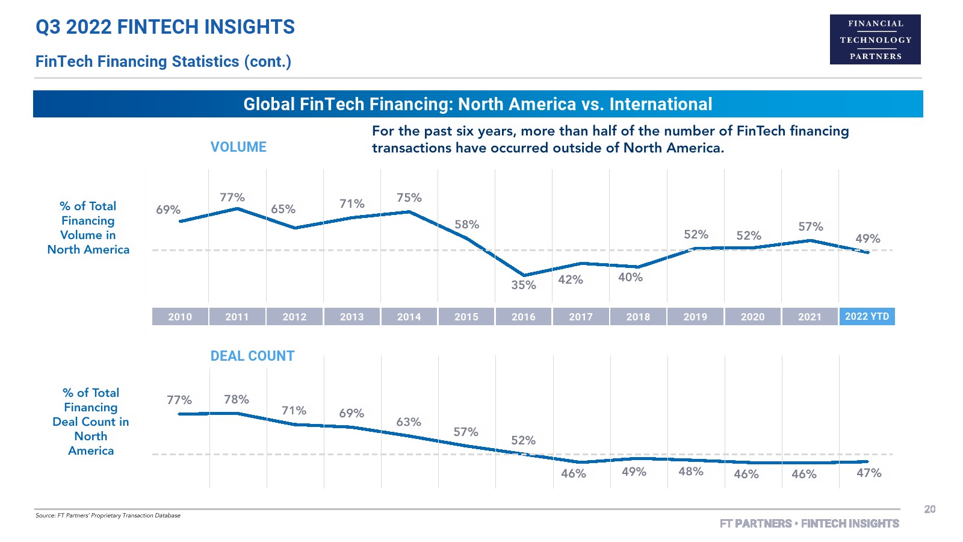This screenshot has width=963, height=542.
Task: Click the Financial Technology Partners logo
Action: click(875, 40)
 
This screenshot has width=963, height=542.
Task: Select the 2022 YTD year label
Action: click(867, 316)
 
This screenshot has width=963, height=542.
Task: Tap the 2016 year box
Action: click(523, 317)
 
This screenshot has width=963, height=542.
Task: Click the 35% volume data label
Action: click(523, 285)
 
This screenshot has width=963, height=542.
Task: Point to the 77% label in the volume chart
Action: click(232, 198)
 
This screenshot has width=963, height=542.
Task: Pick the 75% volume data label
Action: click(409, 198)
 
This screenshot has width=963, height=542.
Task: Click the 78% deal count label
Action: click(236, 399)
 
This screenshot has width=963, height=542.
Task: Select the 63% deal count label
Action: click(408, 422)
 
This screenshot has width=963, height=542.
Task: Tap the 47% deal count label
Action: click(869, 473)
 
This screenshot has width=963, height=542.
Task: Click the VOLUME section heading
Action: click(238, 147)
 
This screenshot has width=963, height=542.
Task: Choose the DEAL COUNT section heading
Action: click(252, 356)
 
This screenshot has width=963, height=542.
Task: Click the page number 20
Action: click(929, 509)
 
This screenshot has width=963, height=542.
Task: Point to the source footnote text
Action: click(108, 516)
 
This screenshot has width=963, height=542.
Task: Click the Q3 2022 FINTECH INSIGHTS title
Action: click(165, 27)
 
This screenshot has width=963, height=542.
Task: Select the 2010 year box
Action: click(180, 317)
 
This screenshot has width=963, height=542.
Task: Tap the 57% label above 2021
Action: click(810, 226)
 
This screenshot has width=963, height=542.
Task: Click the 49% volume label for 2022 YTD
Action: click(867, 238)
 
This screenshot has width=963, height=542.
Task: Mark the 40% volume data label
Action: click(630, 277)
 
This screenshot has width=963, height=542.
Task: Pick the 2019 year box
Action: click(695, 317)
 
